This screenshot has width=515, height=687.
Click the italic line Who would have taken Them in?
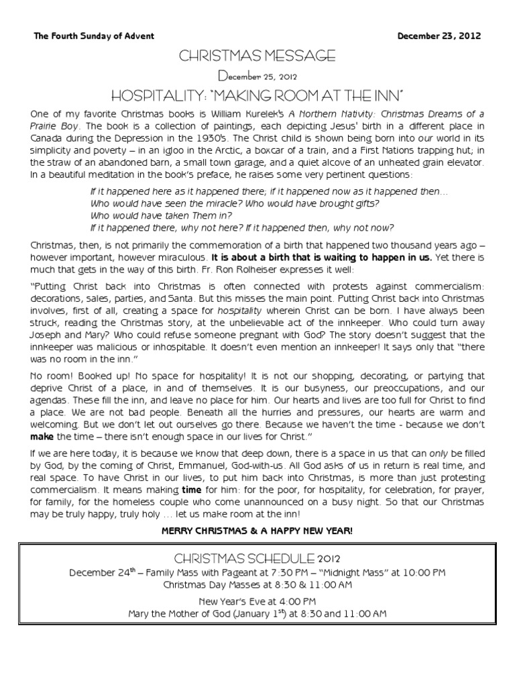point(161,215)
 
